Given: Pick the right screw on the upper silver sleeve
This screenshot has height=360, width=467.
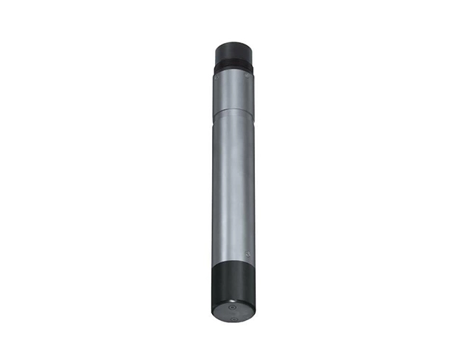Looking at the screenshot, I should (245, 76).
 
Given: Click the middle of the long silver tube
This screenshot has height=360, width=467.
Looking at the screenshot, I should (233, 185).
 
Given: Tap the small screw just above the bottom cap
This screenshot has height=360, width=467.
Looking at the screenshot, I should (248, 254).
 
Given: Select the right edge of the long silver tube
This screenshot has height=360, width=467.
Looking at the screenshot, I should (254, 185).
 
